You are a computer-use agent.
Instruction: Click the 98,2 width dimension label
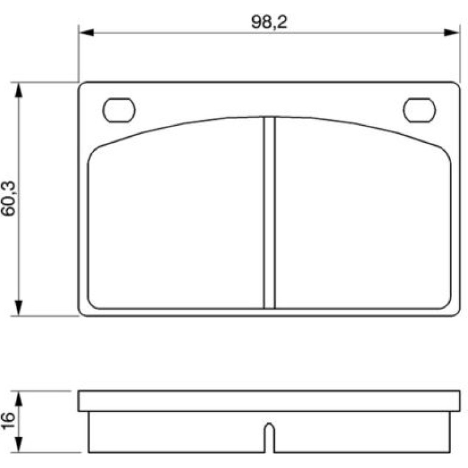click(269, 22)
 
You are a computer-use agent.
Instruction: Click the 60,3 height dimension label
click(8, 199)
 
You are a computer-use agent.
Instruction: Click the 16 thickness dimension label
click(8, 421)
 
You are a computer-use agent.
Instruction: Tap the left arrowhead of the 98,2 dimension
click(86, 33)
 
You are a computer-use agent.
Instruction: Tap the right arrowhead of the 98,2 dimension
click(451, 33)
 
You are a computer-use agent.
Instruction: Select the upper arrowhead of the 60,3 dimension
click(19, 90)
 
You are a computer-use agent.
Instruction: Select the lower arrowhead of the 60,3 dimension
click(19, 308)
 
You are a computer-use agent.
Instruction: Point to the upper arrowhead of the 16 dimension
click(19, 399)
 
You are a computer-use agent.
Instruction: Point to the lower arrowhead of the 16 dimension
click(19, 445)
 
